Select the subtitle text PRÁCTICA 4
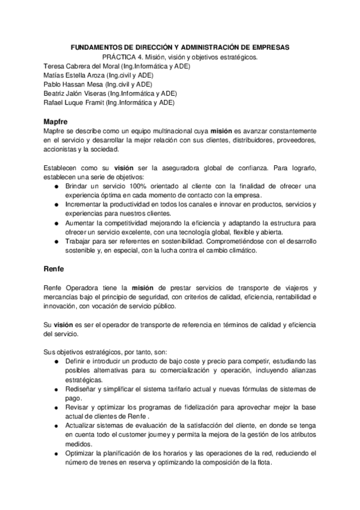[x=123, y=57]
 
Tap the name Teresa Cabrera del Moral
[x=79, y=66]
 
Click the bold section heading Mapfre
[x=55, y=121]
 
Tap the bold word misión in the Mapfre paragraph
[x=221, y=131]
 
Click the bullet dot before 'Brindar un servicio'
[x=56, y=186]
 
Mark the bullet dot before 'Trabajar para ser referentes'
[x=56, y=241]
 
